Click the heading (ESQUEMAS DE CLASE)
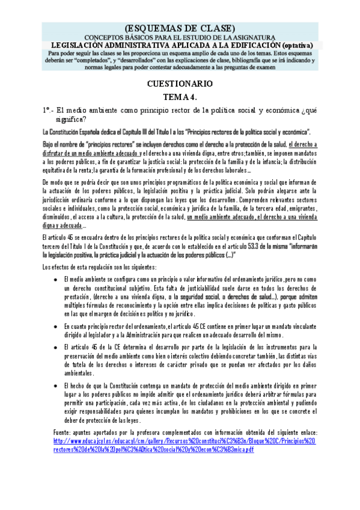click(180, 29)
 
